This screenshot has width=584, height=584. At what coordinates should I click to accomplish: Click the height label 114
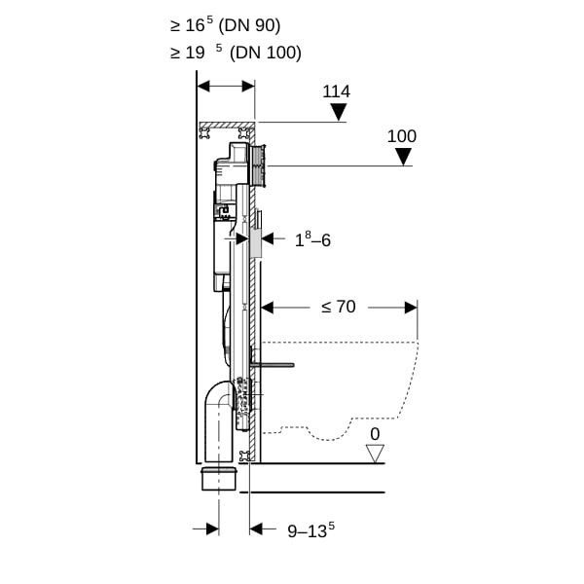pos(337,91)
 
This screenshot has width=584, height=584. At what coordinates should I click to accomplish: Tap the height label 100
pos(402,136)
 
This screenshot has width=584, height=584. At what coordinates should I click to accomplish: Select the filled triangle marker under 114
pos(339,112)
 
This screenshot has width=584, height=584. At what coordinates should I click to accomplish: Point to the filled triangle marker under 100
pos(403,157)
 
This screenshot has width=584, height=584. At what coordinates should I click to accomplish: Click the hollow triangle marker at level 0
pos(375,454)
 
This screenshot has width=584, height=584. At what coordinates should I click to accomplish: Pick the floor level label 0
pos(375,434)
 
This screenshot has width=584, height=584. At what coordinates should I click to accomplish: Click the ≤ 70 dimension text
pos(339,307)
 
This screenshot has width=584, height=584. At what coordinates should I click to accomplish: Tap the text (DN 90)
pos(249,25)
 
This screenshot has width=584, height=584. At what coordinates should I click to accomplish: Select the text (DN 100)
pos(265,53)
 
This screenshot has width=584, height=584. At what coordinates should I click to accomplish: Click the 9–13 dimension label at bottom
pos(311,530)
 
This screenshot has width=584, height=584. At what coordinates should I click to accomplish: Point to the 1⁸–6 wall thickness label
pos(312,239)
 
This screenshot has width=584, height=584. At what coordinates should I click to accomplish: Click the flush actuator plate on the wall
pos(260,165)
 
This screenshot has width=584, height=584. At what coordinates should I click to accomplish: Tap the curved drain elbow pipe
pos(217,419)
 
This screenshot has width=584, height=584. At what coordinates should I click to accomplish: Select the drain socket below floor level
pos(219,479)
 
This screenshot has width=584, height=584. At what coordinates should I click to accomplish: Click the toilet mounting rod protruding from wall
pos(273,365)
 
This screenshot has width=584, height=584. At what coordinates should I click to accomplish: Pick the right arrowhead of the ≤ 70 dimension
pos(411,308)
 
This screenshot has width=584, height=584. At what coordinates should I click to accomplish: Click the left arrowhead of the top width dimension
pos(203,87)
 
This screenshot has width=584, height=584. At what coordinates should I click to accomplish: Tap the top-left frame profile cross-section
pos(204,133)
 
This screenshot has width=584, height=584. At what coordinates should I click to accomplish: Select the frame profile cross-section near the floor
pos(245,456)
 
